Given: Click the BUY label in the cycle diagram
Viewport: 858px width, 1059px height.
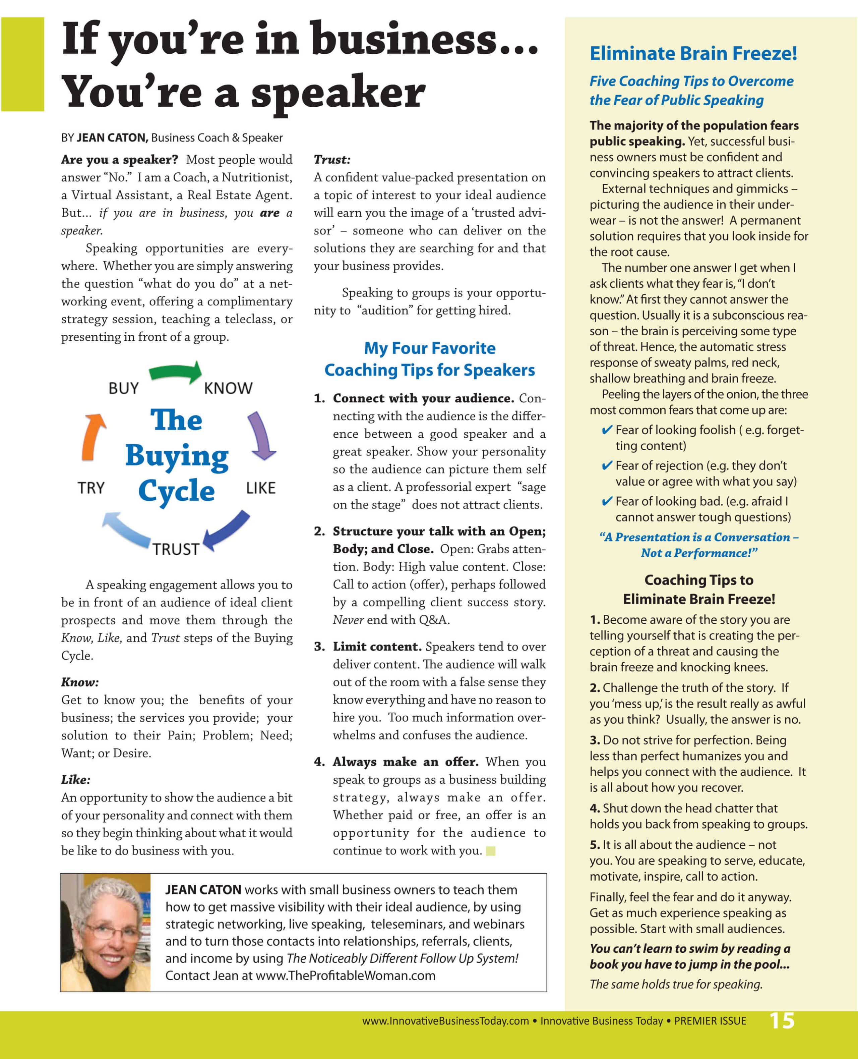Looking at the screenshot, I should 124,388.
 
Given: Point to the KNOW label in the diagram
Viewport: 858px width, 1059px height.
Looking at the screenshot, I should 228,388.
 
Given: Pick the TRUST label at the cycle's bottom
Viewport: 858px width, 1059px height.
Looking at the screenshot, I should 176,549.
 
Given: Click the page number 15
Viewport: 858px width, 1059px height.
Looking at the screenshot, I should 782,1021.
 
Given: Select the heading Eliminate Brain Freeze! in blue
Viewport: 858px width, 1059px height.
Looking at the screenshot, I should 693,53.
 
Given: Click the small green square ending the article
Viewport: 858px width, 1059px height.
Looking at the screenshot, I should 490,851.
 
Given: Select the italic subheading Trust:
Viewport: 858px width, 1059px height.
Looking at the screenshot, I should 331,160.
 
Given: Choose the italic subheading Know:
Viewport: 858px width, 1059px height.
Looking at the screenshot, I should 79,682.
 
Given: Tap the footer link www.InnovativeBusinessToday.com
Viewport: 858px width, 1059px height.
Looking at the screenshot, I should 445,1021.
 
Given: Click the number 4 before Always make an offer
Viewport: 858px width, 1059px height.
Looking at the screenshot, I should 318,762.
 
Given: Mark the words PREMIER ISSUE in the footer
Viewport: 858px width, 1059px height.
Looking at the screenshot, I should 710,1021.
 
